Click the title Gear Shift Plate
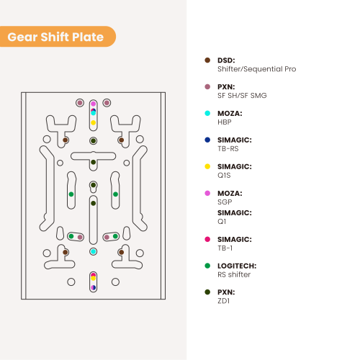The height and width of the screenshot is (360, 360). pos(55,37)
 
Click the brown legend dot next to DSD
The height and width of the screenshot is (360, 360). pos(207,60)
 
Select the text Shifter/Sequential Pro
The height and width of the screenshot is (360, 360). pos(256,69)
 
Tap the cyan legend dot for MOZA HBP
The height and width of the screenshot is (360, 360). pos(207,113)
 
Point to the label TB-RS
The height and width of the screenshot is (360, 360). pos(228,149)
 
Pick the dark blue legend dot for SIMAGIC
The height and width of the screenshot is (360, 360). pos(207,140)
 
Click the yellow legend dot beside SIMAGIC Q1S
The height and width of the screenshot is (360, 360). pos(207,166)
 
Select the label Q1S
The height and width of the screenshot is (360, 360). pos(224,176)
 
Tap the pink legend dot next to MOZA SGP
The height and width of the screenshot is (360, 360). pos(207,193)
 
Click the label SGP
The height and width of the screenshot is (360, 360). pos(225,202)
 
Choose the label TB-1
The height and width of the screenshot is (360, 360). pos(225,248)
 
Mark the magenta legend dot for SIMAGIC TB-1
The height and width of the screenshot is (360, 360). pos(207,239)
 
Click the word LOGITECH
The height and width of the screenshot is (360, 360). pos(237,266)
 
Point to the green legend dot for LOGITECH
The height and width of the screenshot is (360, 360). pos(207,266)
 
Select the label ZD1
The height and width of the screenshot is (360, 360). pos(223,301)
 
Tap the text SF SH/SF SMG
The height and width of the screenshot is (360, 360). pos(242,96)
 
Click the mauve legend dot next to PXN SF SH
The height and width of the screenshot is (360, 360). pos(207,86)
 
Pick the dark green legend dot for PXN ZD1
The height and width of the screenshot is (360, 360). pos(207,292)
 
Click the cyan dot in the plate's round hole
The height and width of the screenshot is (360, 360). pos(93,251)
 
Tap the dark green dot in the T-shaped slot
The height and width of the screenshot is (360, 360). pos(93,162)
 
